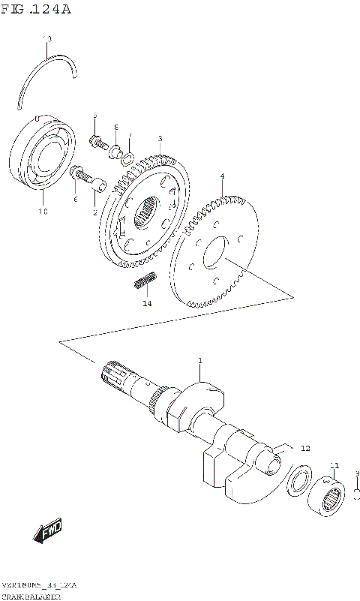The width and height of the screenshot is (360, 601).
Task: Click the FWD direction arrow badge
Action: (48, 532)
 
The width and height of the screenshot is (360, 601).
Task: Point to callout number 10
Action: (43, 212)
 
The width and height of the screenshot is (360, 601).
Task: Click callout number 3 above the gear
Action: (160, 138)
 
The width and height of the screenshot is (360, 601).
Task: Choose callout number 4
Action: (222, 176)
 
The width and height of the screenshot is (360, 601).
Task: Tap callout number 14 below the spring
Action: (147, 303)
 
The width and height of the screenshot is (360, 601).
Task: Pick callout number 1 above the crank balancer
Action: (200, 362)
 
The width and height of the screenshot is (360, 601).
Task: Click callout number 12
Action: (304, 448)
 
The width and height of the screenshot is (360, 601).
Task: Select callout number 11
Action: (334, 465)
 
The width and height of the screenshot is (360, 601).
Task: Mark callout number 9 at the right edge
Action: (357, 473)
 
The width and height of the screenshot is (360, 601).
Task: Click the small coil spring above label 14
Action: (145, 281)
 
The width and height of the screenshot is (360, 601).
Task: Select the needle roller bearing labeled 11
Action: (329, 497)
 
